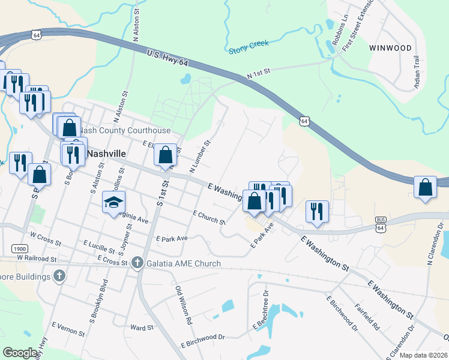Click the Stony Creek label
tap(249, 47)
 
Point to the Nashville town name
tap(106, 154)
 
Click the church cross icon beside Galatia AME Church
tap(137, 263)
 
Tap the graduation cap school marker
tap(113, 202)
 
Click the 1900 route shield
tap(19, 248)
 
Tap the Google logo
tap(20, 353)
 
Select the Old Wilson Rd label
tap(184, 304)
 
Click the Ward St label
tap(142, 328)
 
